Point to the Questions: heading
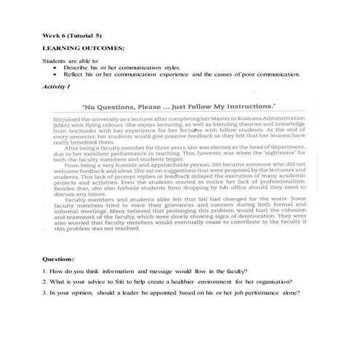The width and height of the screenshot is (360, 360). (x=58, y=259)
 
